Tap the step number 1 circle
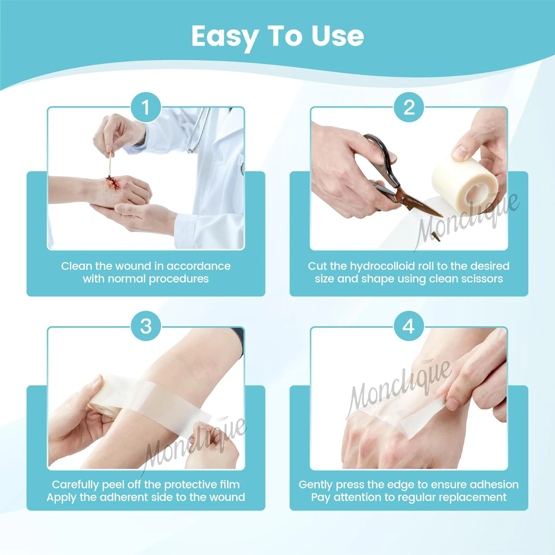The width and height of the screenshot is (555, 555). [x=146, y=107]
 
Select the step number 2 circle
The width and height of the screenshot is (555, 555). [x=409, y=107]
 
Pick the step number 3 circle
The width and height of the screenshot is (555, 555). [x=146, y=326]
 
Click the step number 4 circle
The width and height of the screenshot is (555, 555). [x=408, y=326]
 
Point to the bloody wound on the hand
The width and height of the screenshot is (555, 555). [x=112, y=182]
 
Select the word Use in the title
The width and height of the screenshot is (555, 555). [x=337, y=36]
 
